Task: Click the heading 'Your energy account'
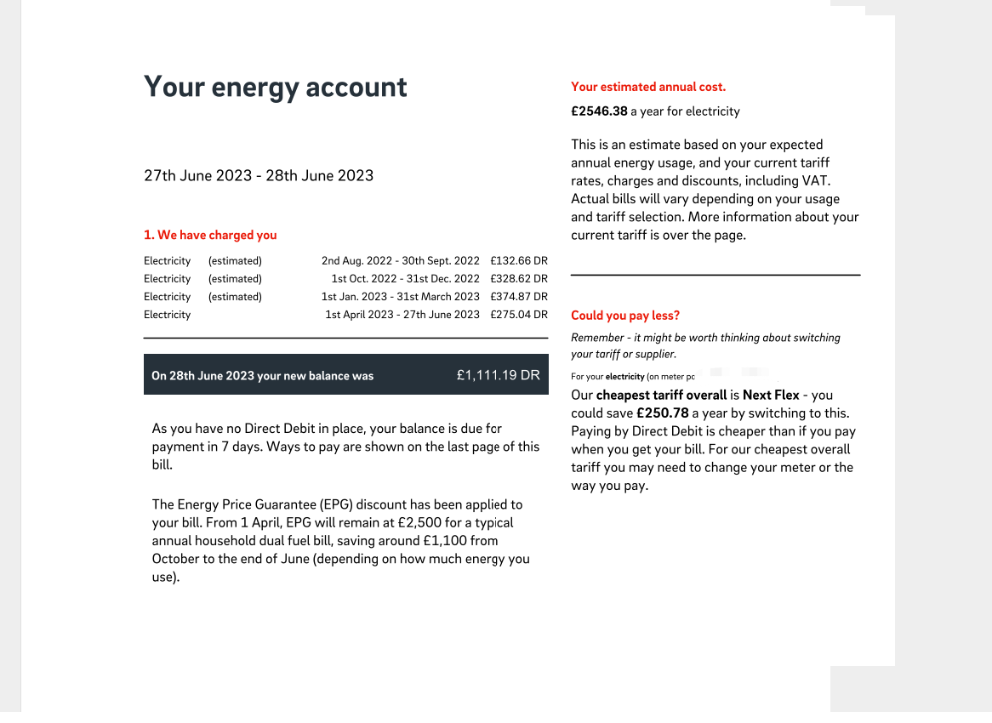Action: tap(275, 88)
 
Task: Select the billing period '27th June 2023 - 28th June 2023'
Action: tap(259, 176)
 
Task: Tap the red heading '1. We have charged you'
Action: tap(210, 236)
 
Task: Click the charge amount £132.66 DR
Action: tap(519, 261)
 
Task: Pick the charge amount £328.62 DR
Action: tap(519, 279)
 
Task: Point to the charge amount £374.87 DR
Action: tap(519, 297)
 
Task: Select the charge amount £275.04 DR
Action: tap(519, 315)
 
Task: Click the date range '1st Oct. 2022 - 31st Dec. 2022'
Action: tap(405, 279)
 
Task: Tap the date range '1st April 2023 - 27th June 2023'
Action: tap(402, 315)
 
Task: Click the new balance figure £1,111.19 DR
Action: tap(498, 375)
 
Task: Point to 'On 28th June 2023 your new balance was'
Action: tap(262, 376)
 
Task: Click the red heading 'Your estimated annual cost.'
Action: tap(648, 87)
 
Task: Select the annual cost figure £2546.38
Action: tap(599, 111)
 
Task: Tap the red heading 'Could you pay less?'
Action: tap(625, 316)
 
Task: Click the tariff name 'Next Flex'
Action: tap(771, 396)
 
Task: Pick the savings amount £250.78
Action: tap(663, 413)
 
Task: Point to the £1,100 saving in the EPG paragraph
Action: tap(447, 541)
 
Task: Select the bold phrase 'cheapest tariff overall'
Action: tap(661, 396)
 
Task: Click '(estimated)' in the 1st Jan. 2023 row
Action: tap(235, 297)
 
